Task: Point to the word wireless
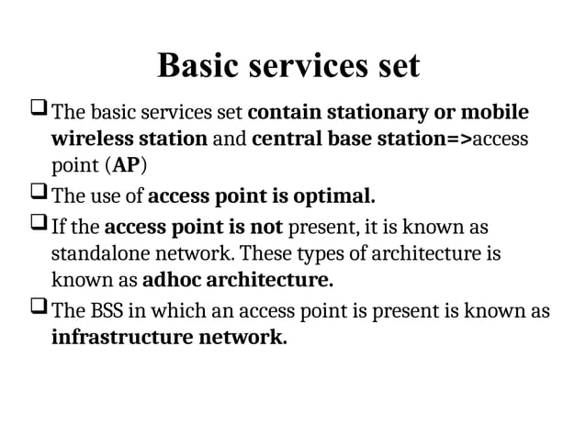tap(90, 140)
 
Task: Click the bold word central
tap(284, 140)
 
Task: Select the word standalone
tap(101, 252)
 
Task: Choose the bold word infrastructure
tap(122, 337)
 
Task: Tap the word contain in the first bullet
tap(279, 114)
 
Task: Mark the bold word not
tap(267, 226)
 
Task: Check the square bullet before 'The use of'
tap(39, 196)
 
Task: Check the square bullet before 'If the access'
tap(39, 225)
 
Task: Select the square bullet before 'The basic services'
tap(39, 113)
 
